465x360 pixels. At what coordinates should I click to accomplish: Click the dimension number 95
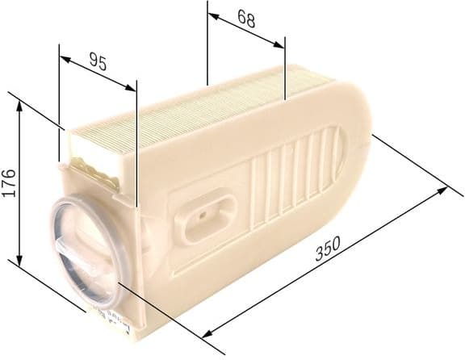pyautogui.click(x=97, y=62)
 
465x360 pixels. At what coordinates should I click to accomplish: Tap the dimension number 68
pyautogui.click(x=246, y=19)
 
